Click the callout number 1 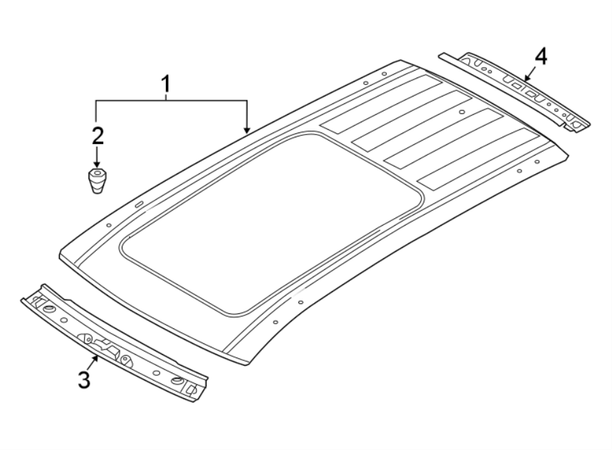(x=165, y=85)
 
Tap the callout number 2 (x=97, y=135)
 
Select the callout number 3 (x=84, y=379)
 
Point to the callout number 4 (x=540, y=56)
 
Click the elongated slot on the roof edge (x=138, y=204)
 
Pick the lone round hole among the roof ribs (x=462, y=111)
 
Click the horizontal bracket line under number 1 (x=170, y=101)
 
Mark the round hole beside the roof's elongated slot (x=109, y=225)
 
